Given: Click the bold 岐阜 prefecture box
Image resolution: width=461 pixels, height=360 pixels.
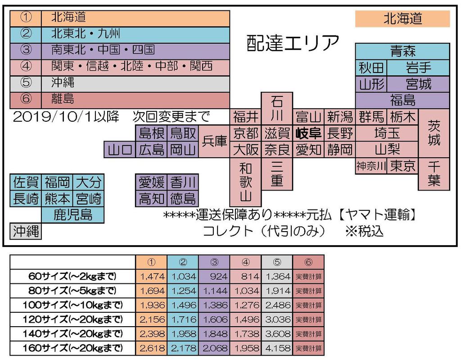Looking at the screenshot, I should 308,133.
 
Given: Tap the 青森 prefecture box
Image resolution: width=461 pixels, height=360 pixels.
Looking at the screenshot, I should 402,51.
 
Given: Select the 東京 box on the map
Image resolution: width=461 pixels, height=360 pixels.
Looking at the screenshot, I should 403,165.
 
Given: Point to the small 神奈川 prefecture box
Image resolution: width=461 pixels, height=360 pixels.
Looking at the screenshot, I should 371,165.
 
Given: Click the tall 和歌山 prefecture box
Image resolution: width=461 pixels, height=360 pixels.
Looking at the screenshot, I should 245,182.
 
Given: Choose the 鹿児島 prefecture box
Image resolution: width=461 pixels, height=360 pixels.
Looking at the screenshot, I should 73,214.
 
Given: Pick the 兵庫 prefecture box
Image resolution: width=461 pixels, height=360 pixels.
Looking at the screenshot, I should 214,141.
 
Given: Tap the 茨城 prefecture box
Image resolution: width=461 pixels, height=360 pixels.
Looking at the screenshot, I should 434,133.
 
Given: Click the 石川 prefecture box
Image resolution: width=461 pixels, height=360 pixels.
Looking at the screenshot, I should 277,108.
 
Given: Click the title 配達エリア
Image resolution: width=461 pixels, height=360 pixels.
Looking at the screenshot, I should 293,43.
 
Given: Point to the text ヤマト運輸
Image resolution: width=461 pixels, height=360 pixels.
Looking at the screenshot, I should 379,215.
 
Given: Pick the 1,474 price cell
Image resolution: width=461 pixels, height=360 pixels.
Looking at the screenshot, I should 152,276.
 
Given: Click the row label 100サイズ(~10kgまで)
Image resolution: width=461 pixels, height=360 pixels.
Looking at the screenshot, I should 73,305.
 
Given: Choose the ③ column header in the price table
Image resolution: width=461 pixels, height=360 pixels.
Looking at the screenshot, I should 214,262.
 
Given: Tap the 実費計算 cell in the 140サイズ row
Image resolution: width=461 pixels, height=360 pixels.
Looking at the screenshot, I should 308,334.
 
